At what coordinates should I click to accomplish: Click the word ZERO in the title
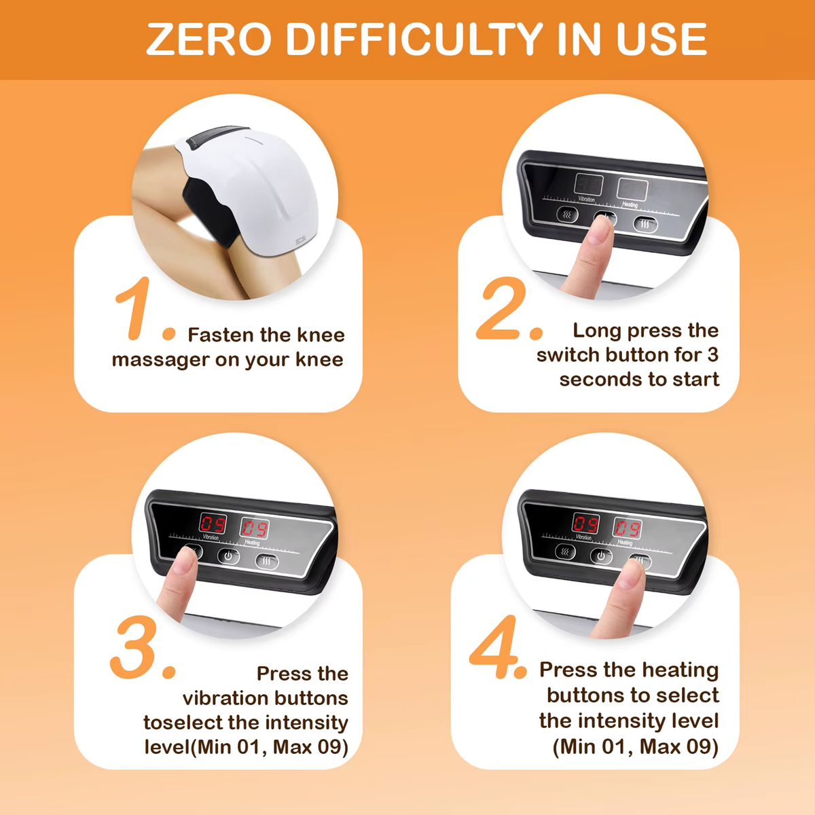coord(209,39)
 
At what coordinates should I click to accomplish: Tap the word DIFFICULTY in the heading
coord(414,39)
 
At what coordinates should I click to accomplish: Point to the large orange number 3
coord(134,647)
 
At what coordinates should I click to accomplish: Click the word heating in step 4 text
coord(680,670)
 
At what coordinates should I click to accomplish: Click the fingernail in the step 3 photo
coord(185,561)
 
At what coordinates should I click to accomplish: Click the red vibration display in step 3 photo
coord(213,524)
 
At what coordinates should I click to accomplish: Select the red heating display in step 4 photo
coord(628,528)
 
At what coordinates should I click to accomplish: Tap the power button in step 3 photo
coord(228,556)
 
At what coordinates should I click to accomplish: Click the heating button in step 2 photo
coord(645,223)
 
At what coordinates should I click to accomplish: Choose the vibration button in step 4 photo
coord(565,551)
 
